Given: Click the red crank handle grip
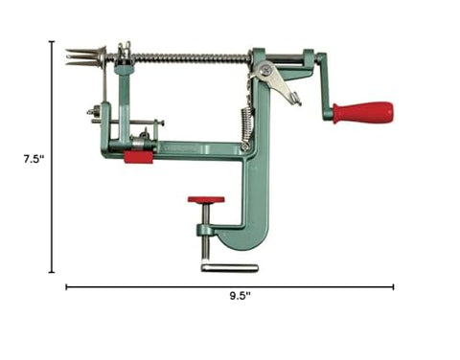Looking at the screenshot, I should tap(363, 112).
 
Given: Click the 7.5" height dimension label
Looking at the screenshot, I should tap(32, 158).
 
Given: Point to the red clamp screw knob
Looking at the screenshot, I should tap(206, 201).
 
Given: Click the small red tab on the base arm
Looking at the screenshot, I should tap(138, 155).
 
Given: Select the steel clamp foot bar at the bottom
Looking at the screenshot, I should tap(230, 267).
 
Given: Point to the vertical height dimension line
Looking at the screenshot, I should tap(53, 158).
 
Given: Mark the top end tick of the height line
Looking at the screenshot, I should tap(53, 41).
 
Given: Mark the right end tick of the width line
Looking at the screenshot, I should tap(393, 285).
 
